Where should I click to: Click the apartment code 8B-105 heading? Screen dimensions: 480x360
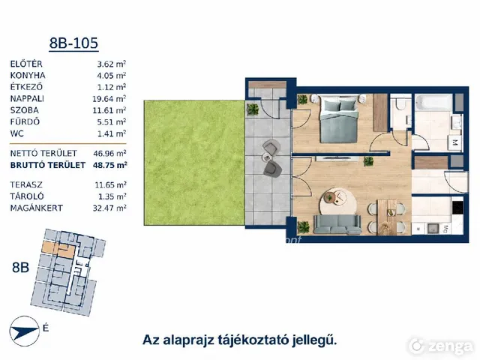(73, 43)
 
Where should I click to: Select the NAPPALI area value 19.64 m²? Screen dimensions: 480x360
(109, 98)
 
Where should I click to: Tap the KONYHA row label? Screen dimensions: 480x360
(28, 75)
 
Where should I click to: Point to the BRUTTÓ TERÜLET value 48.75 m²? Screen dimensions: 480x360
(110, 165)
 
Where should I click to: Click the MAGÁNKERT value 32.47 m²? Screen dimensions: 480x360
(109, 208)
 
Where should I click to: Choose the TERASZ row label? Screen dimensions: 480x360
(26, 185)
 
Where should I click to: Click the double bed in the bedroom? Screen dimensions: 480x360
(338, 118)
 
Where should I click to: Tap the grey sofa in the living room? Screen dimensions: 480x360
(337, 224)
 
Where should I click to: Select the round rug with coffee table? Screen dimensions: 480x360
(338, 202)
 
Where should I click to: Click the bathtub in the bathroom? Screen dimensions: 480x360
(433, 103)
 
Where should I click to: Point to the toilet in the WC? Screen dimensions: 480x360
(400, 104)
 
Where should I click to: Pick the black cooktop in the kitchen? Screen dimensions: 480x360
(457, 208)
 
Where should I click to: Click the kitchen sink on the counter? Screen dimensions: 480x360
(433, 228)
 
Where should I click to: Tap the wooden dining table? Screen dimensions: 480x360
(387, 217)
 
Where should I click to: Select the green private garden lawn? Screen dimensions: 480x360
(194, 163)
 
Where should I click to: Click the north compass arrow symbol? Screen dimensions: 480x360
(25, 331)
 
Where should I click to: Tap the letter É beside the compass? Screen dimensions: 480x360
(46, 328)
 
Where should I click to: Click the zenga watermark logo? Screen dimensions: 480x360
(441, 346)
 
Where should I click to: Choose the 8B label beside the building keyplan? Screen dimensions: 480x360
(20, 267)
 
